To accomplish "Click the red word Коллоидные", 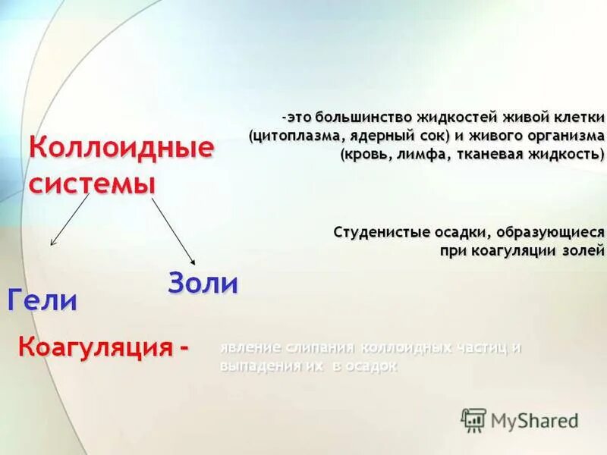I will click(x=121, y=148).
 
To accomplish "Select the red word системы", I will click(x=93, y=183).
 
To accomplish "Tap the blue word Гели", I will click(x=42, y=300).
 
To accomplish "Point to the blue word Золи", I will click(x=203, y=284).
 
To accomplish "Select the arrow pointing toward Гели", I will click(x=71, y=219).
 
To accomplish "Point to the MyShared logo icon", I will click(x=473, y=419).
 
